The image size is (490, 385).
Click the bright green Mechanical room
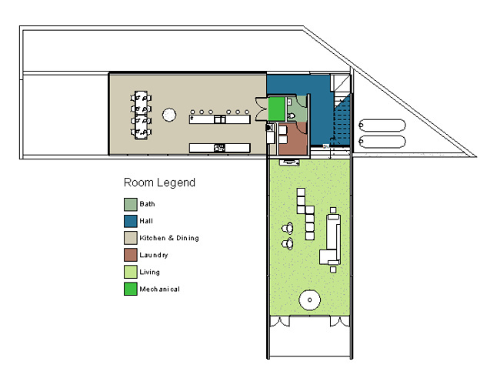[277, 109]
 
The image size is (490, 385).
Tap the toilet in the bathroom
[291, 115]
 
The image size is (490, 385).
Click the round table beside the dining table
[169, 115]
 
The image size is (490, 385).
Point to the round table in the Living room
[309, 300]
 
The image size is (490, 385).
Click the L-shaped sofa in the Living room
[332, 239]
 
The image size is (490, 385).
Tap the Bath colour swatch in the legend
[130, 204]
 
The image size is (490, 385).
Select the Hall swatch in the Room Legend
[130, 221]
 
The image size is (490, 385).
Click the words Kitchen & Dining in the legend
[169, 238]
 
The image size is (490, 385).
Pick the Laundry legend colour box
[130, 255]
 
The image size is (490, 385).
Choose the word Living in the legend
[149, 272]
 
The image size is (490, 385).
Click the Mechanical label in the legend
[159, 289]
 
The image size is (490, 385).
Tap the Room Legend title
[159, 182]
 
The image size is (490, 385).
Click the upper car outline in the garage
[382, 125]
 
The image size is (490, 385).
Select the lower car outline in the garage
[382, 142]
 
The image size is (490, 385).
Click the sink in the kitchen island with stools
[220, 119]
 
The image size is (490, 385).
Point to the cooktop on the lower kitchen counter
[219, 148]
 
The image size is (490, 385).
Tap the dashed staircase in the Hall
[341, 122]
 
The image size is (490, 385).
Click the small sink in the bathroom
[289, 102]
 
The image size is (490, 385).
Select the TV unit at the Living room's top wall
[289, 162]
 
